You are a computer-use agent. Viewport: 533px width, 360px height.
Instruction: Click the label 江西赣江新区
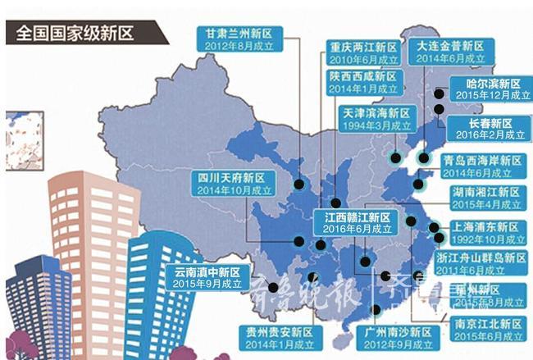point(356,217)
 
